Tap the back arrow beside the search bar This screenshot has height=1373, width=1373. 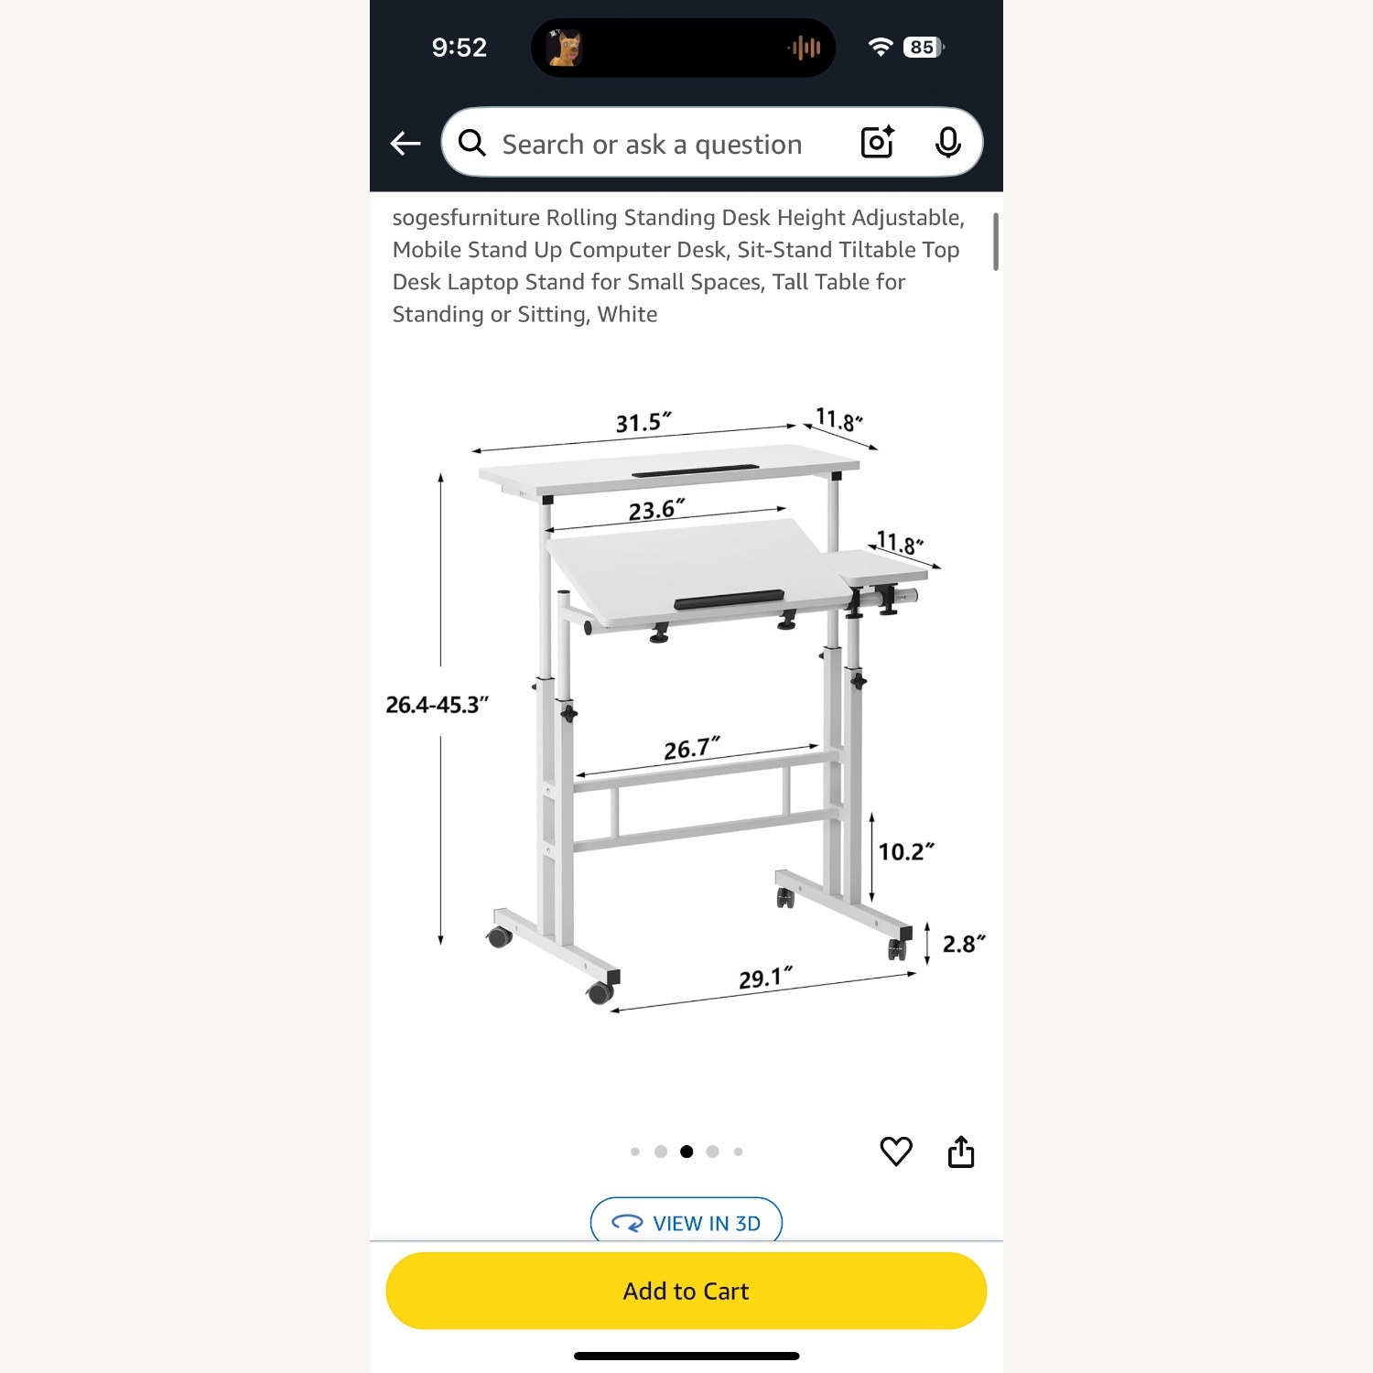pyautogui.click(x=405, y=143)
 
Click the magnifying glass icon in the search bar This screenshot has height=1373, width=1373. pyautogui.click(x=472, y=143)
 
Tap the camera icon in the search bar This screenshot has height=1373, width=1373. pyautogui.click(x=877, y=143)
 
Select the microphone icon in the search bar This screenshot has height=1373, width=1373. pyautogui.click(x=948, y=143)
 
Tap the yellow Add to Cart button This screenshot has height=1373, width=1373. pyautogui.click(x=686, y=1291)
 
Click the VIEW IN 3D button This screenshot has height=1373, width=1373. pyautogui.click(x=686, y=1223)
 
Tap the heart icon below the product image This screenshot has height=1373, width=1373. pyautogui.click(x=896, y=1151)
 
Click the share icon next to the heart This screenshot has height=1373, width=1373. pyautogui.click(x=961, y=1151)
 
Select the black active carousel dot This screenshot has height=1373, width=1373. pyautogui.click(x=686, y=1151)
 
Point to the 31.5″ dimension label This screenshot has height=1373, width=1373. pyautogui.click(x=643, y=422)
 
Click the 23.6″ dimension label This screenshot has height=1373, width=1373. pyautogui.click(x=656, y=510)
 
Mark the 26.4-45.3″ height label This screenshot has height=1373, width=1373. pyautogui.click(x=437, y=705)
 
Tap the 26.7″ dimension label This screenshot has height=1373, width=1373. pyautogui.click(x=692, y=749)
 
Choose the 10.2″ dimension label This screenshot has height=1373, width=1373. pyautogui.click(x=906, y=852)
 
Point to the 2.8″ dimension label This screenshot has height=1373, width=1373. pyautogui.click(x=964, y=944)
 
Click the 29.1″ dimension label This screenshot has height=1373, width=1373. pyautogui.click(x=766, y=978)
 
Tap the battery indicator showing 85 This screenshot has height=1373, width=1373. pyautogui.click(x=923, y=48)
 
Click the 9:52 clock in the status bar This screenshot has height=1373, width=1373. pyautogui.click(x=459, y=48)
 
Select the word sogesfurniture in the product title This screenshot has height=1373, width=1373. pyautogui.click(x=466, y=218)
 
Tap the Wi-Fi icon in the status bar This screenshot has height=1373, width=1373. pyautogui.click(x=881, y=48)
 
